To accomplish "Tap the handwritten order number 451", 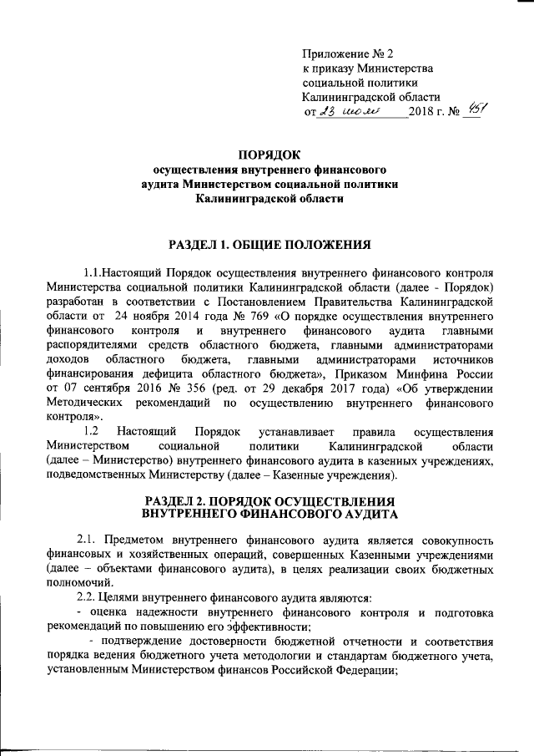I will point(477,110).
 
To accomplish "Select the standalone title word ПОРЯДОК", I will point(267,154).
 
